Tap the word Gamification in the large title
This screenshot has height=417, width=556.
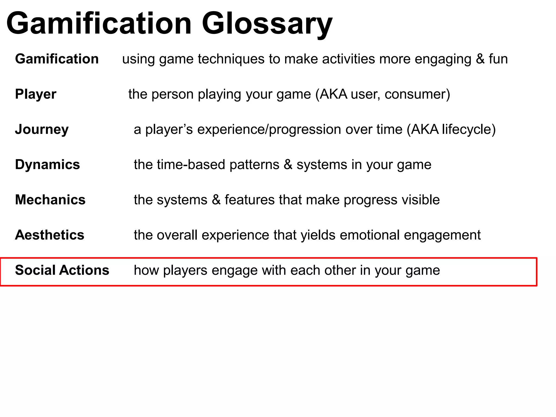[99, 24]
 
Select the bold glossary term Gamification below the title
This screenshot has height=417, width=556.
[57, 59]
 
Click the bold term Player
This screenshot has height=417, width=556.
[36, 94]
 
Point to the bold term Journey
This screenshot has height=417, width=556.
[42, 129]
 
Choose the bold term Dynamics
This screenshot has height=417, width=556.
[48, 165]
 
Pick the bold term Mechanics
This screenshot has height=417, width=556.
[50, 200]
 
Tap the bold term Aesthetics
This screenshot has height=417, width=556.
[50, 235]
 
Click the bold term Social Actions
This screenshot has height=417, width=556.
[62, 270]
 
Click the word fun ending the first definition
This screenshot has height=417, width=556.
[498, 59]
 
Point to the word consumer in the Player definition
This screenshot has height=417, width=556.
[417, 94]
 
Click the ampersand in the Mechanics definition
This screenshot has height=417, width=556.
[216, 200]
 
